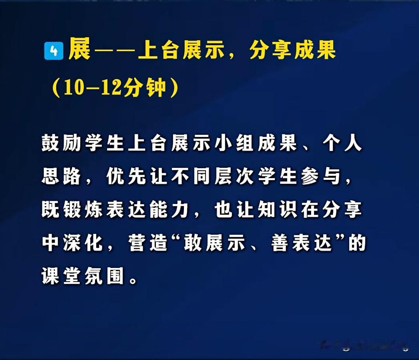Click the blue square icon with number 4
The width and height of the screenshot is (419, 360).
click(54, 50)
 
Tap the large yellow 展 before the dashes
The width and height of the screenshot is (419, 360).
click(80, 49)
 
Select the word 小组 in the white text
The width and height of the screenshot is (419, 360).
click(234, 143)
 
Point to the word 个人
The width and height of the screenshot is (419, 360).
click(342, 143)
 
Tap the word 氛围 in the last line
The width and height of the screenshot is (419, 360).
click(104, 276)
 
